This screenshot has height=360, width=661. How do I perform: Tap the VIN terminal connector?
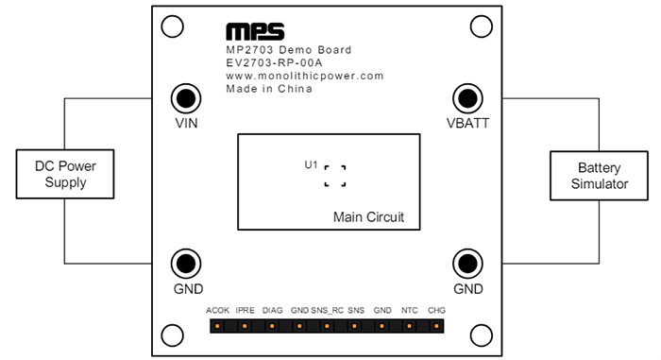pos(186,97)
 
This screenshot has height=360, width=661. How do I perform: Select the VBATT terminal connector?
pos(466,97)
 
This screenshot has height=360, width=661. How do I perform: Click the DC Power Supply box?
pos(65,174)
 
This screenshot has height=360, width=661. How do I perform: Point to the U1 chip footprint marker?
pos(334,175)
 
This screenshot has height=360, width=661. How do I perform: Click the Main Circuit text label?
pos(368,218)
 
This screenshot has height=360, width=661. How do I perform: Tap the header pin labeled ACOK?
pos(217,327)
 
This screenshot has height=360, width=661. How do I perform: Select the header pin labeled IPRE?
pos(245,327)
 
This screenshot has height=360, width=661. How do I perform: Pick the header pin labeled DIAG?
pos(272,327)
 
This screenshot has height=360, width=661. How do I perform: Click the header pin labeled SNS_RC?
pos(327,327)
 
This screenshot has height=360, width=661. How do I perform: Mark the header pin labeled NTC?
pos(410,327)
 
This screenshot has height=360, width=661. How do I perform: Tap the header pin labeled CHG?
pos(436,327)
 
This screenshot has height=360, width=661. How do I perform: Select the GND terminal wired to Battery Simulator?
pos(466,264)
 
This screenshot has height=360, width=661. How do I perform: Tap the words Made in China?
pos(269,89)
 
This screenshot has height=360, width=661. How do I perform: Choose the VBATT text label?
pos(467,124)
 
